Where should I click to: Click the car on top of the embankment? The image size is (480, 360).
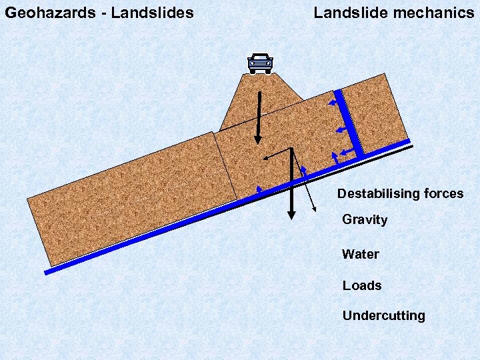tap(260, 63)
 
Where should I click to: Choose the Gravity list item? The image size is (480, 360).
tap(364, 220)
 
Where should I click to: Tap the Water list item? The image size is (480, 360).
tap(360, 254)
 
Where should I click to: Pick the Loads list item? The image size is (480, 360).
tap(362, 285)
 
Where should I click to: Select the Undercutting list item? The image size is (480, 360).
tap(383, 315)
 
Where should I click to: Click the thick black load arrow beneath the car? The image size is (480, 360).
tap(258, 117)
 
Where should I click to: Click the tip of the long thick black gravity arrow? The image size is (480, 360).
tap(291, 216)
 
